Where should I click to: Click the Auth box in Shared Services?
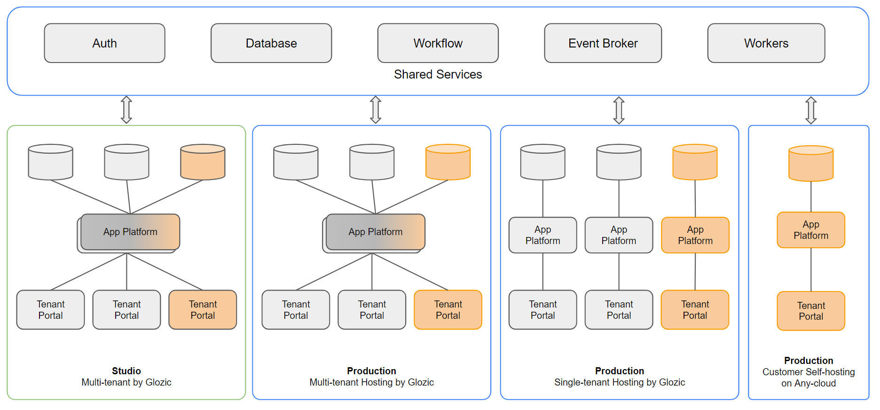(x=104, y=43)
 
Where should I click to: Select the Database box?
(x=271, y=43)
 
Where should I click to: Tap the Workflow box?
(x=438, y=43)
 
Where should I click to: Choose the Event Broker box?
(x=603, y=43)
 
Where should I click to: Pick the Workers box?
(x=766, y=43)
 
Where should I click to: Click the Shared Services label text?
(x=438, y=74)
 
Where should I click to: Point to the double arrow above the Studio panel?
(x=126, y=110)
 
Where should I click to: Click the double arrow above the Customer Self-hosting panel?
(x=811, y=110)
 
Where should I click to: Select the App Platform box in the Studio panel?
(x=130, y=232)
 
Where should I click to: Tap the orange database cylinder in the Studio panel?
(x=203, y=162)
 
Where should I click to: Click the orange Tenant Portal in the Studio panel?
(x=203, y=310)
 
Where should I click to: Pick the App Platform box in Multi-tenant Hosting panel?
(x=375, y=232)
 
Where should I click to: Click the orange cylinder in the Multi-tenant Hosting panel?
(x=448, y=162)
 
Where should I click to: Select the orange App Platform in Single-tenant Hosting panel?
(x=695, y=235)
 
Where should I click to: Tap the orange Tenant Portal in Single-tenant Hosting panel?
(x=695, y=310)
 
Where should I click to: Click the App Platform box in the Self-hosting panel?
(x=810, y=230)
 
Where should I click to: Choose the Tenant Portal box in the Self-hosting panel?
(x=810, y=311)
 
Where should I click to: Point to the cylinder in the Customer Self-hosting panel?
(x=810, y=164)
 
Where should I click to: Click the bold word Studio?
(x=126, y=371)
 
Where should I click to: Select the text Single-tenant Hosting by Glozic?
(x=619, y=382)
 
